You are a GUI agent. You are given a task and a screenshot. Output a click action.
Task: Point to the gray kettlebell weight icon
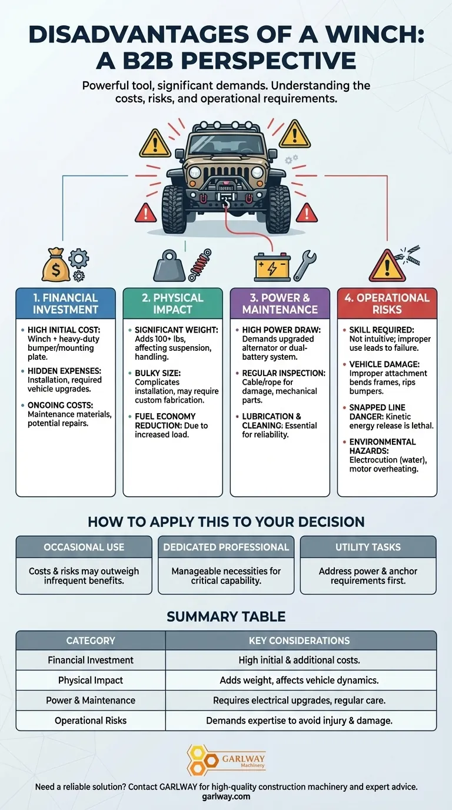pyautogui.click(x=169, y=267)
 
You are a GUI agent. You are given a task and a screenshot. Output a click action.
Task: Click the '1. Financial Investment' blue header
pyautogui.click(x=65, y=303)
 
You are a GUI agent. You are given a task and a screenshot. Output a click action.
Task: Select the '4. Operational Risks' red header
pyautogui.click(x=387, y=303)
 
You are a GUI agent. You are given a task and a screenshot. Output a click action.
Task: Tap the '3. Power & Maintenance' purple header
pyautogui.click(x=280, y=303)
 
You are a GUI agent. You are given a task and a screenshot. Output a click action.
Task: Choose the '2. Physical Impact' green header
pyautogui.click(x=172, y=303)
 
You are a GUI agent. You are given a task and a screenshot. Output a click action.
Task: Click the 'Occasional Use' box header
pyautogui.click(x=84, y=547)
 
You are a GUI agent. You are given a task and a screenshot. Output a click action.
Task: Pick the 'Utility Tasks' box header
pyautogui.click(x=368, y=547)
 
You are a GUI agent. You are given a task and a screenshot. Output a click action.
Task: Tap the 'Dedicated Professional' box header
pyautogui.click(x=226, y=547)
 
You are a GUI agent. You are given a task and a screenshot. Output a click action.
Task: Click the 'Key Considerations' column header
pyautogui.click(x=301, y=640)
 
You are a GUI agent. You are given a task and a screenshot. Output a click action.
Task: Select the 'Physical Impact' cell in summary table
pyautogui.click(x=91, y=680)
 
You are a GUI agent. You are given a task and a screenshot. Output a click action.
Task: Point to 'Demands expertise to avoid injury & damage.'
pyautogui.click(x=301, y=720)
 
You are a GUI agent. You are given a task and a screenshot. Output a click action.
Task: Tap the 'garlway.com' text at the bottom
pyautogui.click(x=226, y=796)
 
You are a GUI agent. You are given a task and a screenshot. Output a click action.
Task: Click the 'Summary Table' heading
pyautogui.click(x=226, y=616)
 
